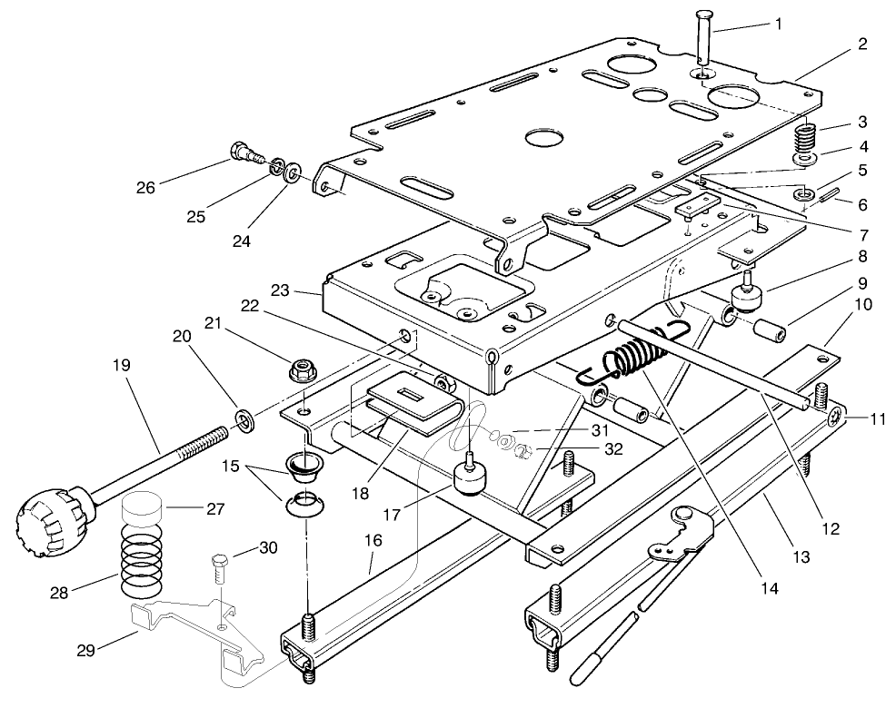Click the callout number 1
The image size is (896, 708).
coord(777,24)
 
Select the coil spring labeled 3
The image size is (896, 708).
coord(805,139)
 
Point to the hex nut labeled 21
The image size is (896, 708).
coord(301,369)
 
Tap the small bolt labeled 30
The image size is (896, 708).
coord(218,567)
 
